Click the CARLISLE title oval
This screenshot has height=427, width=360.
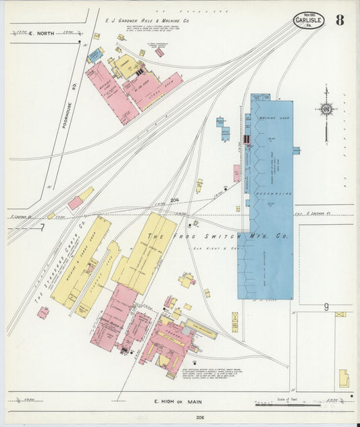click(x=309, y=20)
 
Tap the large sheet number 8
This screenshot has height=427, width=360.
click(x=339, y=20)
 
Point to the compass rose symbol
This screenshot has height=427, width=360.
click(x=327, y=109)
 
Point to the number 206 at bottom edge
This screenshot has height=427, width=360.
click(x=181, y=418)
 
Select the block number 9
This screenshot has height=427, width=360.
click(x=326, y=307)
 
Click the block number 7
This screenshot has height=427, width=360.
click(x=42, y=228)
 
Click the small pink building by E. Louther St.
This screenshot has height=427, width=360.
click(x=75, y=203)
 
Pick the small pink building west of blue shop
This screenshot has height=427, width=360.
click(x=236, y=172)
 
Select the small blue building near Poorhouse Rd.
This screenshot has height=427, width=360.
click(x=95, y=55)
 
